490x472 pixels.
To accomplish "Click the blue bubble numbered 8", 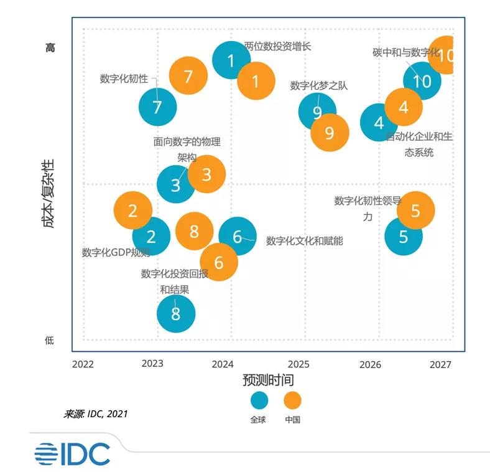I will pyautogui.click(x=175, y=314).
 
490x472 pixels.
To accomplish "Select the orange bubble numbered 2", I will pyautogui.click(x=132, y=210).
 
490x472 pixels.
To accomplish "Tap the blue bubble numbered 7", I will pyautogui.click(x=157, y=107).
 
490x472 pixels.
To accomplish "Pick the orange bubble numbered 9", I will pyautogui.click(x=330, y=133).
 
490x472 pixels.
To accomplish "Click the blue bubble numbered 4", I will pyautogui.click(x=379, y=123).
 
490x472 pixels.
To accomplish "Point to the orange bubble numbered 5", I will pyautogui.click(x=415, y=210).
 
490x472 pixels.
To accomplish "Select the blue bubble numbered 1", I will pyautogui.click(x=231, y=60).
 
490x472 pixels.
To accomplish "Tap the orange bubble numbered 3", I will pyautogui.click(x=206, y=174).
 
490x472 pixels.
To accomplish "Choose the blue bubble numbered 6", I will pyautogui.click(x=237, y=236).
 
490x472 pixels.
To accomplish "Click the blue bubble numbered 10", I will pyautogui.click(x=422, y=81).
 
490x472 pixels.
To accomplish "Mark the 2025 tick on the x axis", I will pyautogui.click(x=298, y=364).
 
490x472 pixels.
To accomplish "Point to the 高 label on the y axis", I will pyautogui.click(x=50, y=47).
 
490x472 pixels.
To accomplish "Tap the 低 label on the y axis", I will pyautogui.click(x=50, y=340).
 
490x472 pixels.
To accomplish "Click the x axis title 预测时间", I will pyautogui.click(x=268, y=380).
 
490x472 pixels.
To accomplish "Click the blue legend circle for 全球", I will pyautogui.click(x=259, y=400).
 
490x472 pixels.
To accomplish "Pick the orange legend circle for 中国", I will pyautogui.click(x=292, y=400).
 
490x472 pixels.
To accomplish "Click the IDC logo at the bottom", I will pyautogui.click(x=72, y=453).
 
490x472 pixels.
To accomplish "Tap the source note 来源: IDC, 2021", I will pyautogui.click(x=96, y=413).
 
